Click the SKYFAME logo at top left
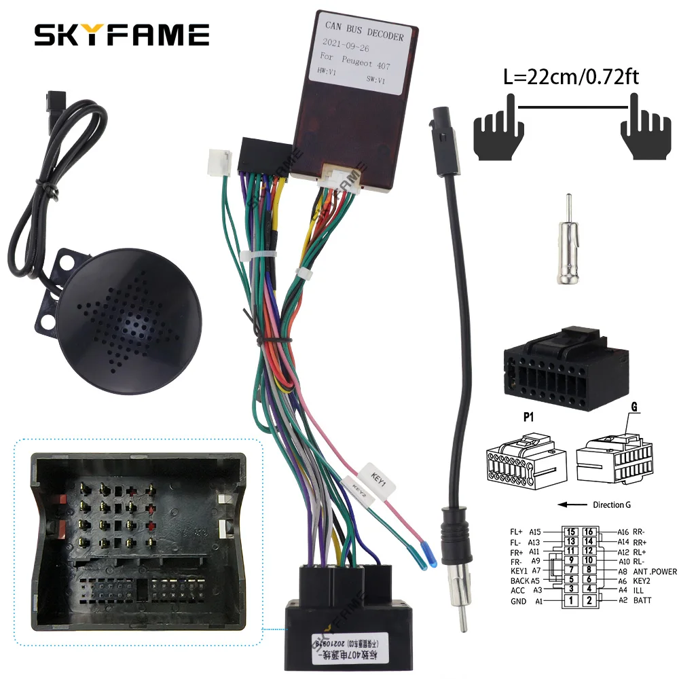click(122, 35)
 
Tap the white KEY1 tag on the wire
click(377, 476)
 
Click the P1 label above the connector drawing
click(528, 418)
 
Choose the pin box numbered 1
click(572, 600)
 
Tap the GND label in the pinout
click(518, 601)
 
